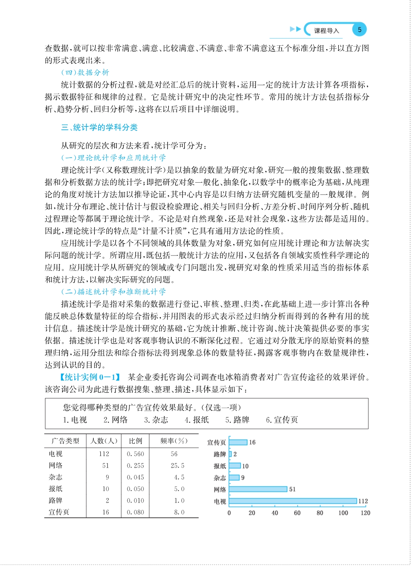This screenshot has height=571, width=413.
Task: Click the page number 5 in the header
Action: click(359, 30)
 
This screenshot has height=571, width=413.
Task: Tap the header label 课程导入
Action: click(326, 31)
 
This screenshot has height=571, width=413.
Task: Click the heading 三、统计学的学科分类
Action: click(99, 128)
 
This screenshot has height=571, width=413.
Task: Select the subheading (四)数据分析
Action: click(85, 73)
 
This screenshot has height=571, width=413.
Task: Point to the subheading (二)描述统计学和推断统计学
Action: click(113, 292)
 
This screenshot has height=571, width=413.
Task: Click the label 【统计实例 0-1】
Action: click(90, 377)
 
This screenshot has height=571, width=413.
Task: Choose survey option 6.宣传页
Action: click(282, 420)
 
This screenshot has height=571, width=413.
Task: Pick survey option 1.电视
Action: click(75, 420)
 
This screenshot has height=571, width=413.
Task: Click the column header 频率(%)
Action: click(174, 441)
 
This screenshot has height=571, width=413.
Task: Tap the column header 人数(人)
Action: click(104, 441)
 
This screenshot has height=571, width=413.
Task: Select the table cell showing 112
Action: click(104, 454)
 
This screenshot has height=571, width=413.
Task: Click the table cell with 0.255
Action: click(135, 466)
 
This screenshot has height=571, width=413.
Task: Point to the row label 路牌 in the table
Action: click(55, 501)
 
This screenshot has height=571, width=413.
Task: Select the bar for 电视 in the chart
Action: click(293, 501)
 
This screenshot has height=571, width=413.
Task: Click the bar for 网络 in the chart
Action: click(258, 489)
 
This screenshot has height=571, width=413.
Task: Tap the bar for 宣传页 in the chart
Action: click(238, 442)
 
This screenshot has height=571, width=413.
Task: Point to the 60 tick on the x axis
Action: click(297, 513)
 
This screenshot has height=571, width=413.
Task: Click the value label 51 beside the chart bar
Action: click(292, 489)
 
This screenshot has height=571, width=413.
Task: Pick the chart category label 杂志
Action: click(220, 478)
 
